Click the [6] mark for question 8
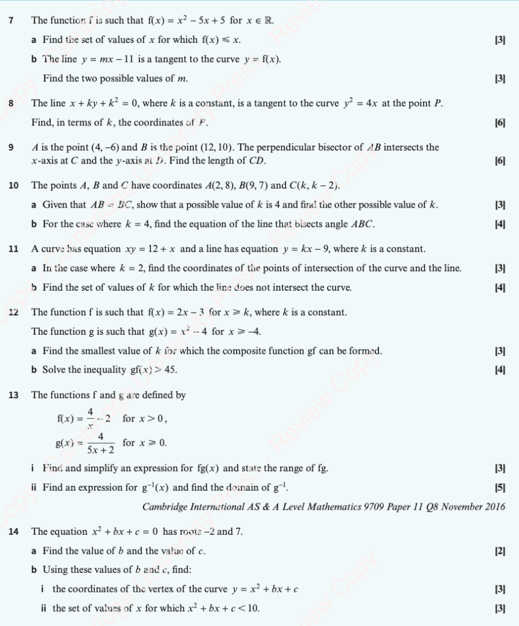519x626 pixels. point(500,122)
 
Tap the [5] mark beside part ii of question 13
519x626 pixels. point(500,488)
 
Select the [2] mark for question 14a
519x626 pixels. point(500,551)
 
